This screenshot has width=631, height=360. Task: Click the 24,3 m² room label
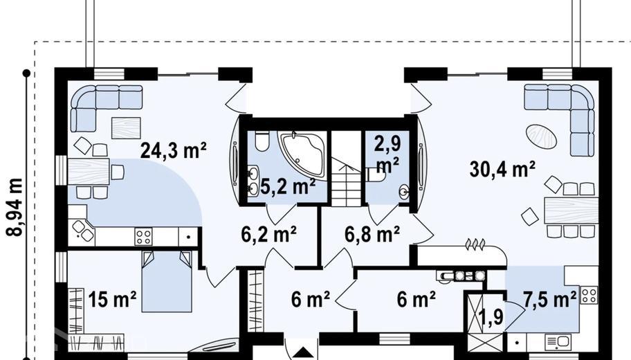(x=174, y=151)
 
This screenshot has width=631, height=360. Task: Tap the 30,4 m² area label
(x=502, y=169)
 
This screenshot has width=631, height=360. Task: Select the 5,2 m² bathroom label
(x=288, y=187)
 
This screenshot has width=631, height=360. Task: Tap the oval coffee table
(x=542, y=136)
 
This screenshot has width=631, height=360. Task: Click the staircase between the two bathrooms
(x=346, y=168)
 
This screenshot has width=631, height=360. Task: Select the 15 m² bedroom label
(x=112, y=299)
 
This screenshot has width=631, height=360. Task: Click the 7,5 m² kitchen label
(x=550, y=299)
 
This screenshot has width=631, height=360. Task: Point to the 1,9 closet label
(x=492, y=317)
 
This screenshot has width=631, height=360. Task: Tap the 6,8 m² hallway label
(x=372, y=235)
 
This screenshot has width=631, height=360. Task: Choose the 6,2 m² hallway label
(x=269, y=235)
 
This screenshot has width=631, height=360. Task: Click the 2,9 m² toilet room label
(x=387, y=154)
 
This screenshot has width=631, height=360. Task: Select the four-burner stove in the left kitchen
(x=143, y=236)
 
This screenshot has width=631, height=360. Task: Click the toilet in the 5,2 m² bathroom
(x=262, y=142)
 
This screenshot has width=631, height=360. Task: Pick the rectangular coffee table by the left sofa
(x=126, y=128)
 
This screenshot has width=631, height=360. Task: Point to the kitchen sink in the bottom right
(x=558, y=342)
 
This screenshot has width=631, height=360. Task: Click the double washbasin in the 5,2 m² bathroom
(x=253, y=181)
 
